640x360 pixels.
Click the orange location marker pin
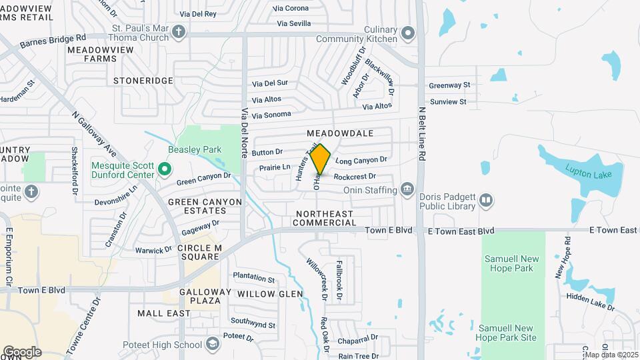[x=320, y=159]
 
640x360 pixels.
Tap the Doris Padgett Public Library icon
[x=487, y=199]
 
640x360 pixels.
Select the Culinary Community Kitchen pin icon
[x=409, y=31]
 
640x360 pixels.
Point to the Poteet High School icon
[x=212, y=344]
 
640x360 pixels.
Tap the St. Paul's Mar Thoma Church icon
[x=179, y=31]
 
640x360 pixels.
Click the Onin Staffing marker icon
[x=407, y=189]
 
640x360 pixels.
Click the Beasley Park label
[x=194, y=149]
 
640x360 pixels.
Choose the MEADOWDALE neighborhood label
[x=340, y=133]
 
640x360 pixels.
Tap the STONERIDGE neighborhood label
[x=143, y=81]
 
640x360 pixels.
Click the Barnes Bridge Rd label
[x=53, y=42]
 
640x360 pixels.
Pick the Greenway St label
[x=449, y=85]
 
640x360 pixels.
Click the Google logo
[x=22, y=351]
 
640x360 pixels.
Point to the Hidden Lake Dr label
[x=590, y=301]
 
